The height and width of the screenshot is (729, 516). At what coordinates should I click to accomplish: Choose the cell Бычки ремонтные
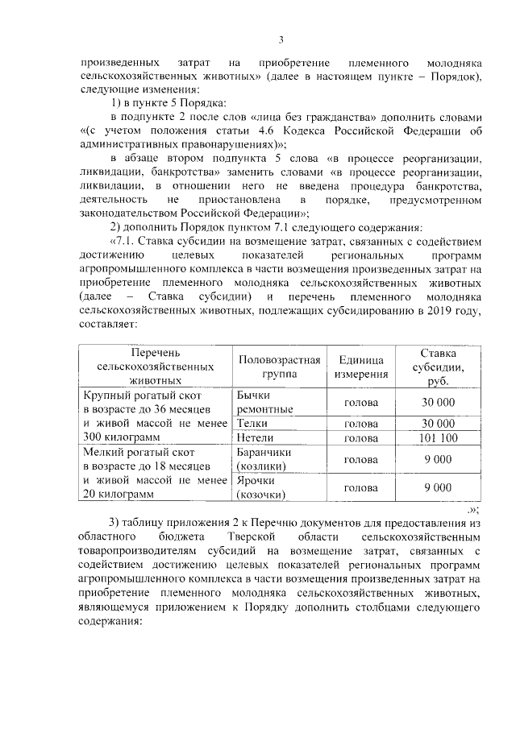265,402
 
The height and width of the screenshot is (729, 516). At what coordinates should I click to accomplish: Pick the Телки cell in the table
252,423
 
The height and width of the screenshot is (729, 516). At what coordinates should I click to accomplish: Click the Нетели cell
256,437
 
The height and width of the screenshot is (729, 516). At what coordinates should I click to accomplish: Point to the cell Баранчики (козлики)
269,459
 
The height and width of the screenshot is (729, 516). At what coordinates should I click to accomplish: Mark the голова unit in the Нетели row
360,437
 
